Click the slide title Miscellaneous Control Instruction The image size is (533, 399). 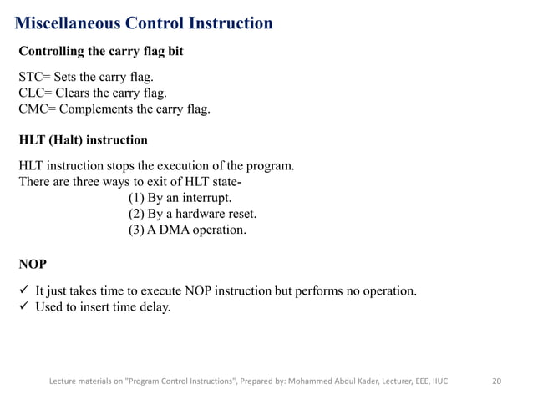click(145, 23)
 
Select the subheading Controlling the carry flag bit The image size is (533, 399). click(101, 52)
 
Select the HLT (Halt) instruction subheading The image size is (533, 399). click(83, 139)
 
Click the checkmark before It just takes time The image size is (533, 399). click(24, 291)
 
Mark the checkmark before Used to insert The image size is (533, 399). click(24, 307)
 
